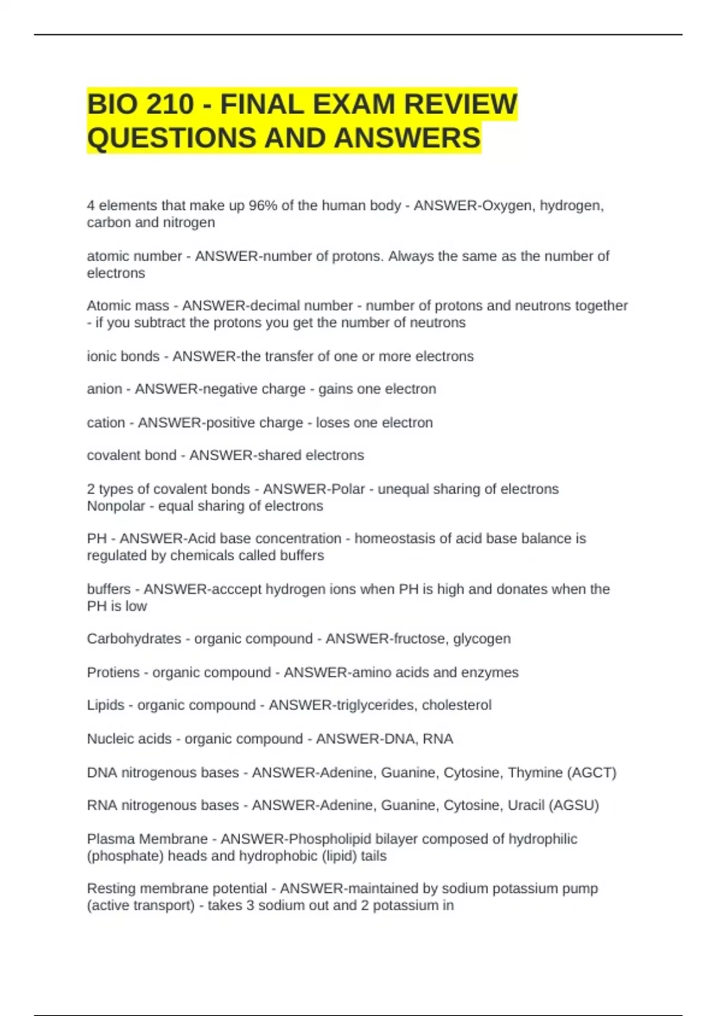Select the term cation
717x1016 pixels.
(106, 423)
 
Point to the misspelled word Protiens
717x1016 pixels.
(113, 672)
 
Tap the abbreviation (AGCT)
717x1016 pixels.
(592, 773)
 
